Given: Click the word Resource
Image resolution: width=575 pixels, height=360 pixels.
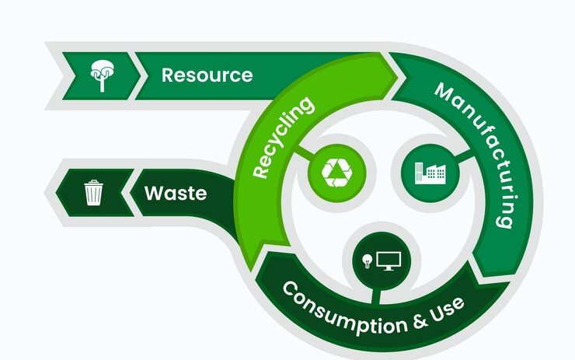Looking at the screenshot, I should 207,75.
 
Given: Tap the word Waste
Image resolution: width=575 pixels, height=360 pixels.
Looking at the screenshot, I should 176,192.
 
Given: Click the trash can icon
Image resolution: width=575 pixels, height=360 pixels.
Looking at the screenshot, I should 93,192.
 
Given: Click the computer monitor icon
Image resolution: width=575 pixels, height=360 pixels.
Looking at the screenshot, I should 388,260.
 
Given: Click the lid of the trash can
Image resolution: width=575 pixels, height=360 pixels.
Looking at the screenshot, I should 93,183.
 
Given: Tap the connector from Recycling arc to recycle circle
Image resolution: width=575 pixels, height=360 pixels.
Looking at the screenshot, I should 300,156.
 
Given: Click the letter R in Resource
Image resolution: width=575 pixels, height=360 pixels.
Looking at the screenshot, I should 167,75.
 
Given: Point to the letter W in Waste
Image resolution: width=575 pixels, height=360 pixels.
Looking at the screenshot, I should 153,192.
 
